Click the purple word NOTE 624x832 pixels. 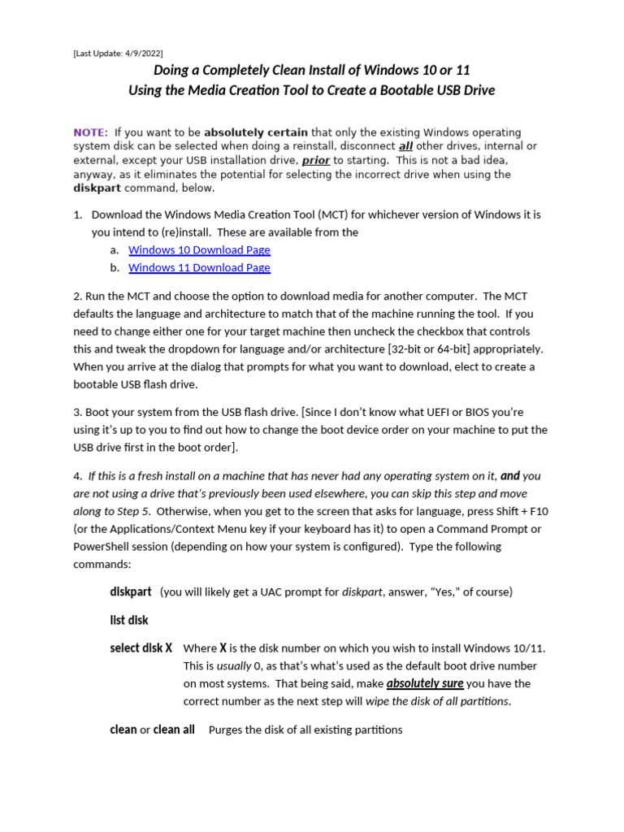[x=89, y=132]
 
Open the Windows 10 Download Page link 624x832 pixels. [x=199, y=250]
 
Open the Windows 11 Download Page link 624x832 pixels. [x=199, y=267]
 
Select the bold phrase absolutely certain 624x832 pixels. [x=256, y=132]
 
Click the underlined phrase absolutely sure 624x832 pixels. [x=424, y=684]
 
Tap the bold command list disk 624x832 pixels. [x=129, y=620]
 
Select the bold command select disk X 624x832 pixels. [x=141, y=648]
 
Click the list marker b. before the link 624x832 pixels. [x=115, y=267]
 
